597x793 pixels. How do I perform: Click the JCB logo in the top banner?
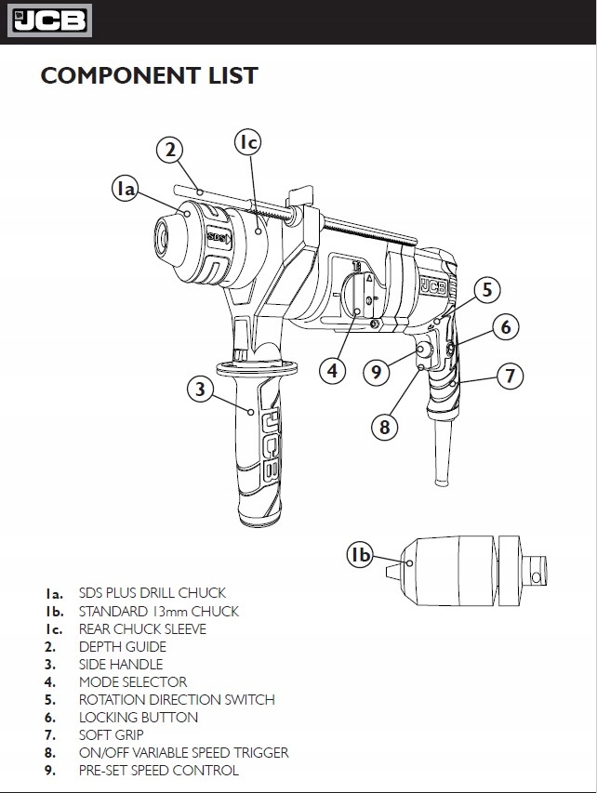point(49,20)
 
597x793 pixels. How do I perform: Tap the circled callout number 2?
point(170,151)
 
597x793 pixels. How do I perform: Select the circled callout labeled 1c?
point(248,142)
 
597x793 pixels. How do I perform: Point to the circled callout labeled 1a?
point(125,189)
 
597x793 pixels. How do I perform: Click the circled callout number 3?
point(201,389)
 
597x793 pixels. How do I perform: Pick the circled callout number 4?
point(332,371)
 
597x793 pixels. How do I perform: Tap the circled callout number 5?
point(487,290)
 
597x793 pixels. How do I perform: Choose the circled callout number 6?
point(506,327)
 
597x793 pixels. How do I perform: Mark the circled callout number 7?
point(510,376)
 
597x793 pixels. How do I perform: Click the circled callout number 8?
point(384,427)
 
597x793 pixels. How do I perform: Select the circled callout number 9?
point(377,372)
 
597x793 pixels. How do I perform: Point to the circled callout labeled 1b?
point(360,555)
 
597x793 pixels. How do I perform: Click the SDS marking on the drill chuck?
point(219,237)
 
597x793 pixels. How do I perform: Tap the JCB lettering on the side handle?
point(270,445)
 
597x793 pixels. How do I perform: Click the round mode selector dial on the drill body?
point(360,297)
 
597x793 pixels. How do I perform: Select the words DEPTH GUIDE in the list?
point(123,647)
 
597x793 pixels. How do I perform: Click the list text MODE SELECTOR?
point(133,682)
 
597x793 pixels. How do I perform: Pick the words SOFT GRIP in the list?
point(112,734)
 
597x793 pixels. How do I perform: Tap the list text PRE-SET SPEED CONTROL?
point(159,771)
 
